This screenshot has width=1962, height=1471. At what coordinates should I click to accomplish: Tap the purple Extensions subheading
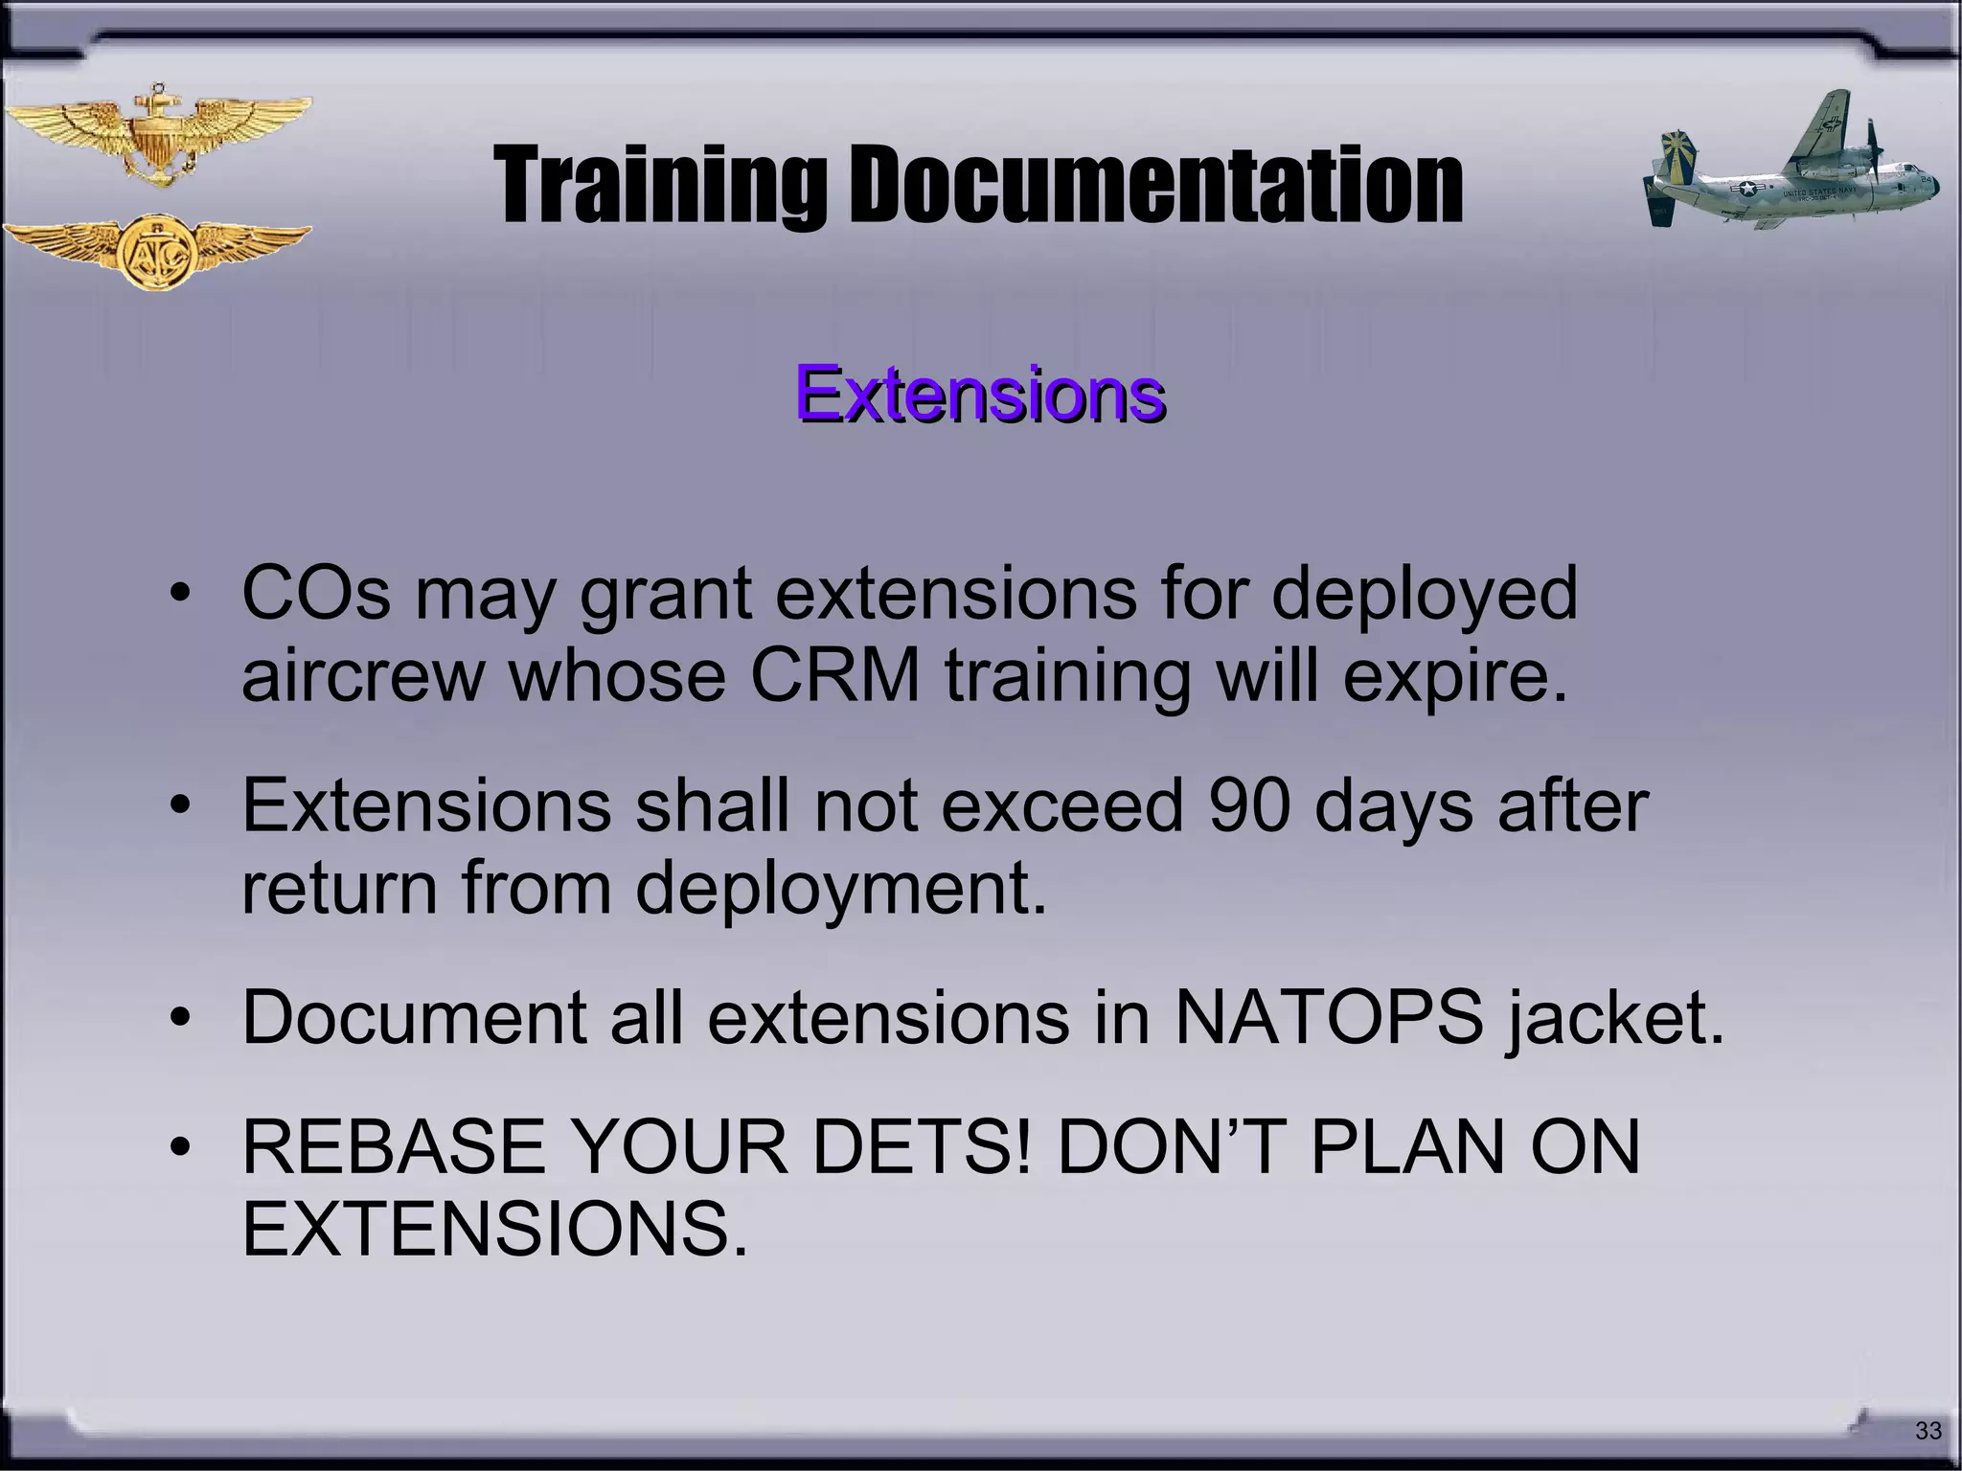click(x=979, y=394)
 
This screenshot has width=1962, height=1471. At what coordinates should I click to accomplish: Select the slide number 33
click(x=1928, y=1431)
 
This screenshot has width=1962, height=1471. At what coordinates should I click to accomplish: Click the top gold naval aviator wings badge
click(x=157, y=135)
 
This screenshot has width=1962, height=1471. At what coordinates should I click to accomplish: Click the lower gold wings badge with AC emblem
click(x=157, y=251)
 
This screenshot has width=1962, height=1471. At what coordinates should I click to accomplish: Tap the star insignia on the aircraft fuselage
click(x=1749, y=190)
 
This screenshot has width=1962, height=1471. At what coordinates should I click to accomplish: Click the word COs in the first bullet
click(x=316, y=594)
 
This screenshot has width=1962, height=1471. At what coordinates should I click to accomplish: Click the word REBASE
click(x=394, y=1147)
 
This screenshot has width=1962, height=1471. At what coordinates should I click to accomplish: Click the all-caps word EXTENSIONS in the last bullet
click(x=494, y=1230)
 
